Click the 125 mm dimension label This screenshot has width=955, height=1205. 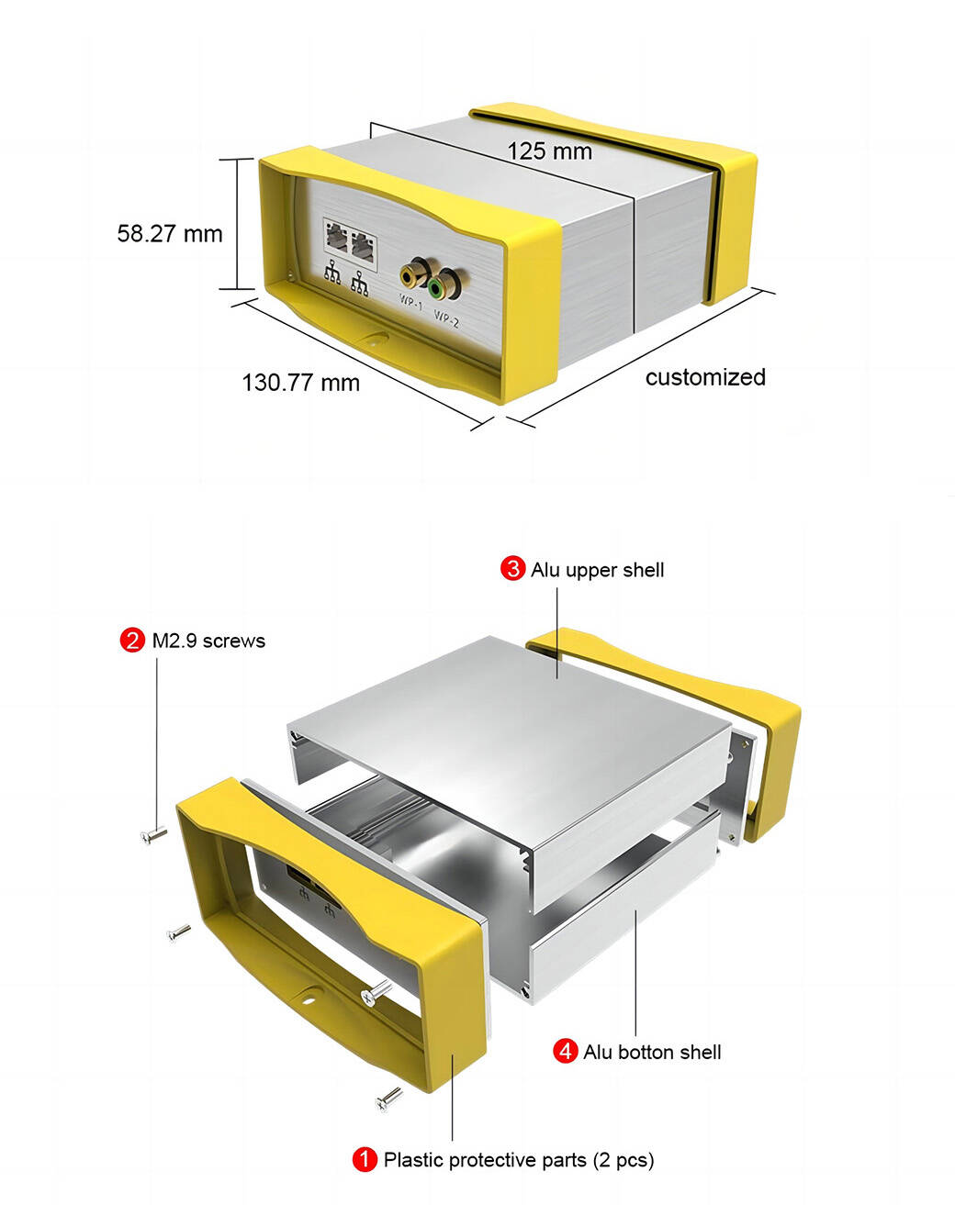point(549,151)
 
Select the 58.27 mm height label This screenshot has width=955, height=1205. point(170,233)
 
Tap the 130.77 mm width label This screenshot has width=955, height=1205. point(300,383)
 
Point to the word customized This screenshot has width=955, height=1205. point(705,377)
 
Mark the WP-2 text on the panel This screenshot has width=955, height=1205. point(446,319)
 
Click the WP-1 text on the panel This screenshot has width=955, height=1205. point(410,303)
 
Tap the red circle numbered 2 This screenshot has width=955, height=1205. point(132,641)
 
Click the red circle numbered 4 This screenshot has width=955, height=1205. point(565,1051)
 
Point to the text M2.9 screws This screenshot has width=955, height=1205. point(208,642)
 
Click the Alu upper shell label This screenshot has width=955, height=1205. point(598,570)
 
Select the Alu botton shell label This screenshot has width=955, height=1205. point(652,1052)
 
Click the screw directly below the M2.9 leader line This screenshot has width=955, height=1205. point(153,835)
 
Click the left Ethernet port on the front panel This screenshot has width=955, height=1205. point(336,237)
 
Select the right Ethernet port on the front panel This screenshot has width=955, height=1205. point(363,247)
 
